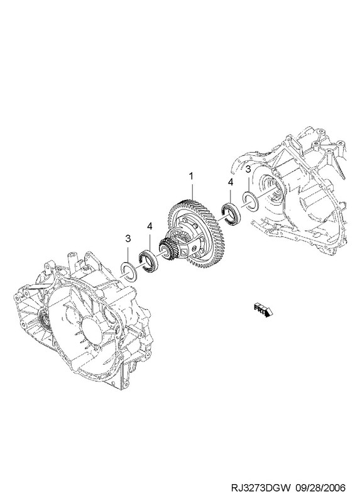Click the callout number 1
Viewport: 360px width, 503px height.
click(191, 176)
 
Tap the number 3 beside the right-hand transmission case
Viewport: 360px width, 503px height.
click(248, 169)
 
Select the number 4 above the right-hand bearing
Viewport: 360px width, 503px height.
click(230, 182)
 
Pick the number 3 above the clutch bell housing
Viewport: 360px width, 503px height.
click(128, 239)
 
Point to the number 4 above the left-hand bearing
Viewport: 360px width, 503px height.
click(150, 226)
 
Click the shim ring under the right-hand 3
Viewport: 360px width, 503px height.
click(250, 202)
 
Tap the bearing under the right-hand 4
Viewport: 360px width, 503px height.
click(230, 213)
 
